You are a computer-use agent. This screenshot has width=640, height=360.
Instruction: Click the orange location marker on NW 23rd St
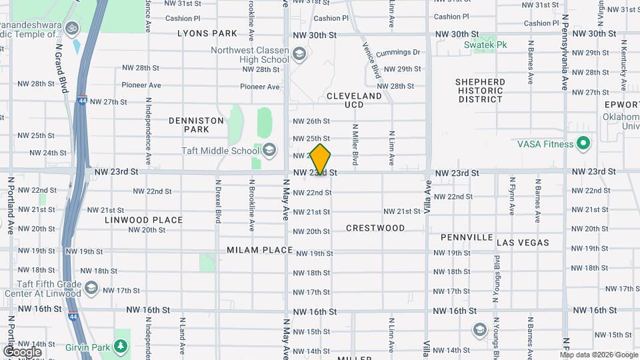pos(321,159)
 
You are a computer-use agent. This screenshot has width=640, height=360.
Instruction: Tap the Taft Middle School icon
pos(269,151)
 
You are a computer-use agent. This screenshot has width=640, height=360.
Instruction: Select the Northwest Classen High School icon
pos(299,54)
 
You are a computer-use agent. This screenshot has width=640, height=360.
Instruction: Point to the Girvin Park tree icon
pos(120,347)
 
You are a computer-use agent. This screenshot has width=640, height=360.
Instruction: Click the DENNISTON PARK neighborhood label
pos(196,125)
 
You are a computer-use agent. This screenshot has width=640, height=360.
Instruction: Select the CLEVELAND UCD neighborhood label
pos(354,100)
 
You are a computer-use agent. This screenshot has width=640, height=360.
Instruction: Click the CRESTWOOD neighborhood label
pos(375,228)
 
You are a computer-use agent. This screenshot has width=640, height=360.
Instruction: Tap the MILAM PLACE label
pos(259,250)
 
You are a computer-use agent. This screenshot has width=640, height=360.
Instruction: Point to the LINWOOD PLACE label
pos(143,219)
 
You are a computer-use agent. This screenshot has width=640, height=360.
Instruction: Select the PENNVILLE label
pos(467,237)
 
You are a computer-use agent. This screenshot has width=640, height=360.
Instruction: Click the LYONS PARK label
pos(207,33)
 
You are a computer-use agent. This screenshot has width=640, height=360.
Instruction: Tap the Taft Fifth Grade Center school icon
pos(91,288)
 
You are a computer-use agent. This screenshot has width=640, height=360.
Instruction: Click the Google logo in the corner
pos(22,351)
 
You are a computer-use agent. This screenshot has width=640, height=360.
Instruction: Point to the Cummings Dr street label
pos(398,52)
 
